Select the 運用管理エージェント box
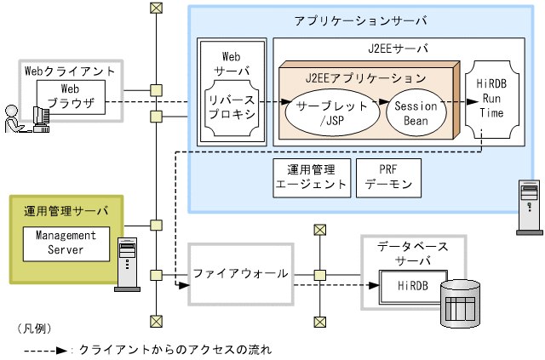click(x=312, y=176)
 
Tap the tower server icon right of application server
click(x=528, y=207)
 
